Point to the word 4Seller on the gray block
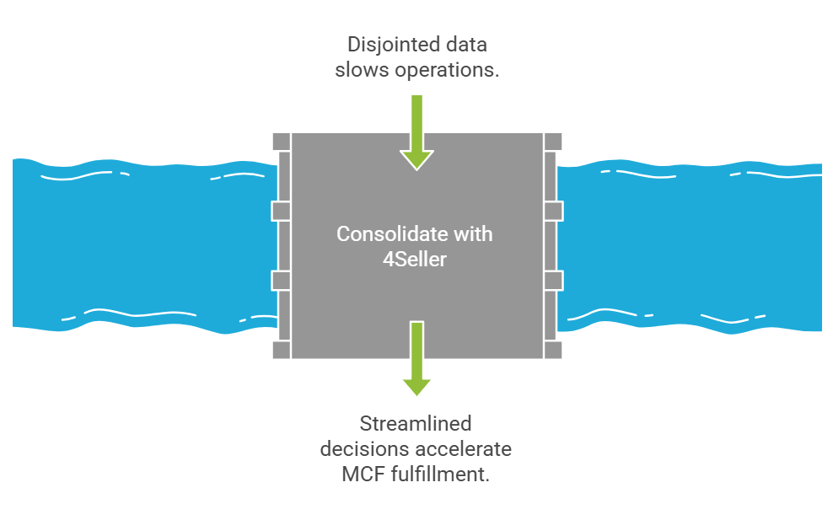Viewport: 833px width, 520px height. point(416,259)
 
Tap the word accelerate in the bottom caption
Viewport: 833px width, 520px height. point(470,448)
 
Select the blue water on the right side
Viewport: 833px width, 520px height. point(691,244)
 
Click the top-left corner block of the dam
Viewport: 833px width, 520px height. point(281,141)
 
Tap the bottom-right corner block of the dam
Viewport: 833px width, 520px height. point(552,350)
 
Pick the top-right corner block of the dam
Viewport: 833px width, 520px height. point(552,141)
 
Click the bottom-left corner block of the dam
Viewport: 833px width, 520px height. point(281,350)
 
